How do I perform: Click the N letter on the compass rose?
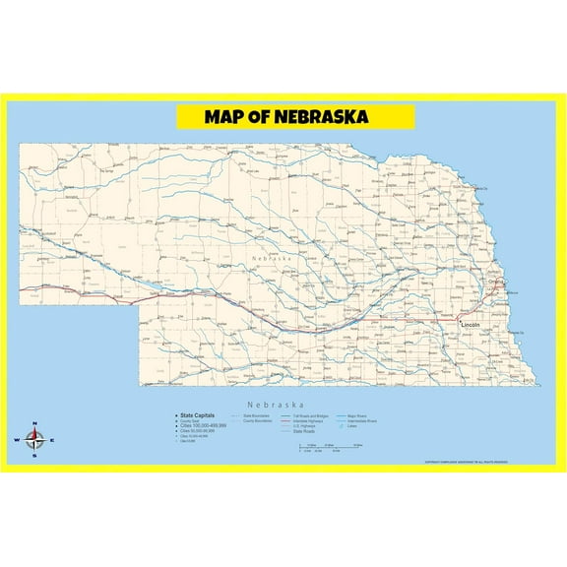coord(33,424)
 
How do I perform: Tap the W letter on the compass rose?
coord(16,441)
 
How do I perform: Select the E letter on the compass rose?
coord(52,441)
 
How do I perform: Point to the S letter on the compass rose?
coord(33,457)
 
